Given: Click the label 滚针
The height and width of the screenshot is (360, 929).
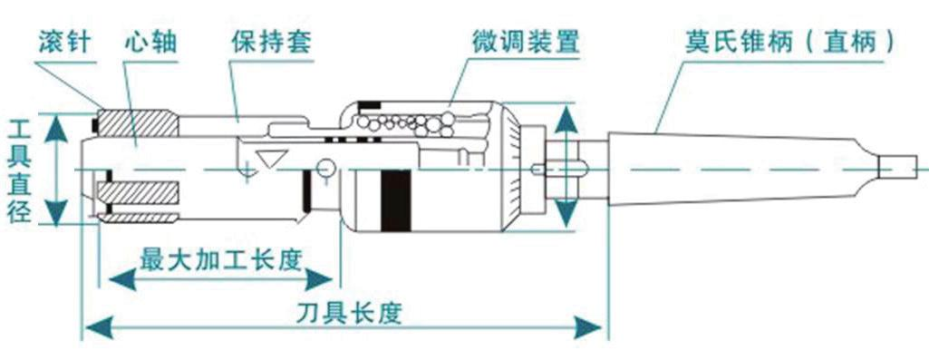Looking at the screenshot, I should point(65,43).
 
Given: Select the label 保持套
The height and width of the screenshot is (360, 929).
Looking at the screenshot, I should point(268,43).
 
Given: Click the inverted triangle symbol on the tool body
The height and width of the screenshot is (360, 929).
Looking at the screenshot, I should point(267,155).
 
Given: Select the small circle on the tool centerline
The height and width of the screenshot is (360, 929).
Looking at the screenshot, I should point(325,166).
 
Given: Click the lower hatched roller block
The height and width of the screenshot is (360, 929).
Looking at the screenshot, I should point(141,193).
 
